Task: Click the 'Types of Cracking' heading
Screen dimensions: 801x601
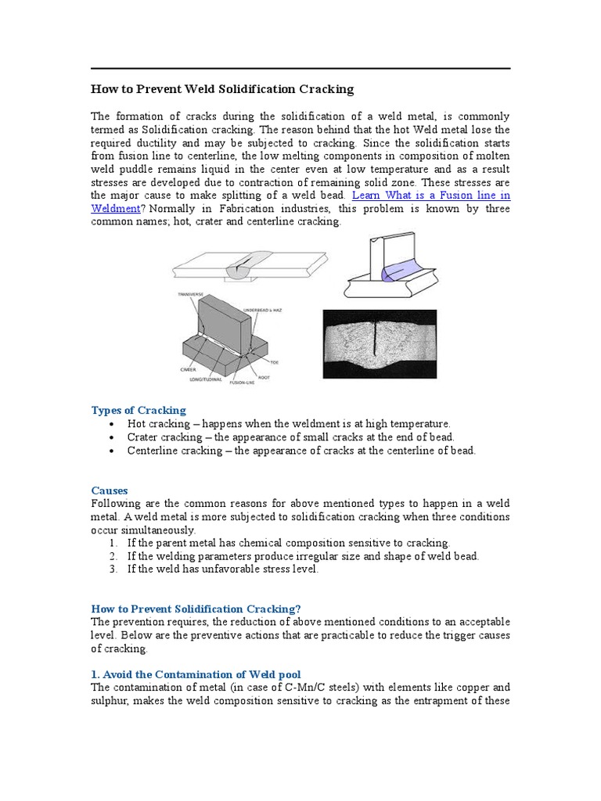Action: [x=139, y=410]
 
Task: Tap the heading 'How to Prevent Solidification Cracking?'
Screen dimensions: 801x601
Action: [x=196, y=609]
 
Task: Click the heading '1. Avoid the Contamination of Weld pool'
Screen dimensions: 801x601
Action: [x=196, y=674]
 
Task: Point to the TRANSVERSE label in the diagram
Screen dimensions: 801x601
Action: [x=190, y=295]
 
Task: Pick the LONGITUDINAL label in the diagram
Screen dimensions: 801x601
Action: [x=207, y=379]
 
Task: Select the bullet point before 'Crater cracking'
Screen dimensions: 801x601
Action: [x=113, y=437]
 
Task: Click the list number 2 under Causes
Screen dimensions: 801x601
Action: [x=113, y=556]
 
